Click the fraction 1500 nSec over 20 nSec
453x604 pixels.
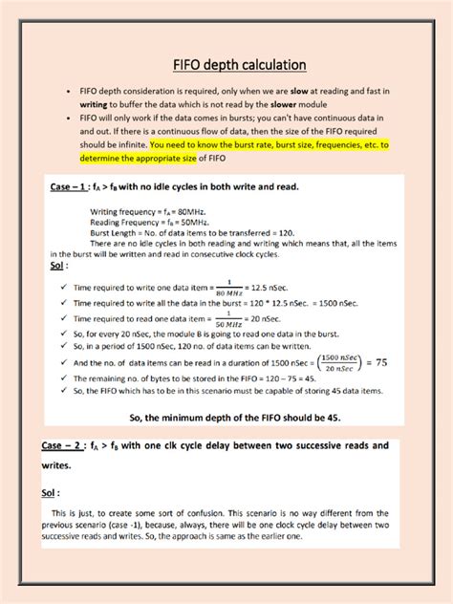tap(333, 364)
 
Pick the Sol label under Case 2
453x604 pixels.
tap(50, 492)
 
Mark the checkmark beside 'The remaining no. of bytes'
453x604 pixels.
tap(62, 378)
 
